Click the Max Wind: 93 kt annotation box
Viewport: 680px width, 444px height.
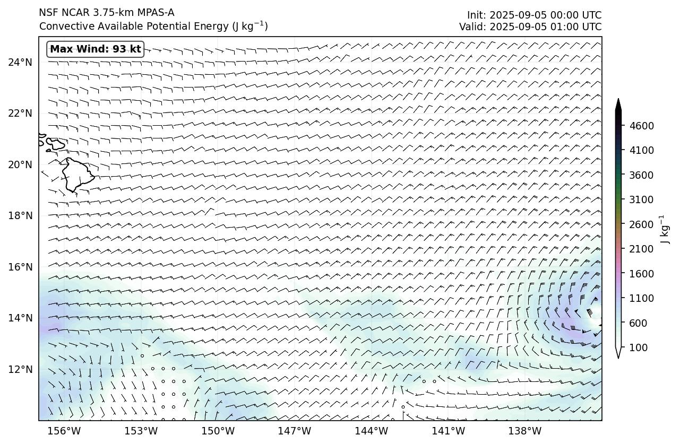96,49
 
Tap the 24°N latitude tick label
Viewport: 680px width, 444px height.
20,62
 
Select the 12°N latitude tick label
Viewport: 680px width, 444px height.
20,369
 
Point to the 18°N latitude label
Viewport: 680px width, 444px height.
20,215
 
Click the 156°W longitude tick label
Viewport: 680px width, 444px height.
64,431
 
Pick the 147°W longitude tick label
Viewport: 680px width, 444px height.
295,431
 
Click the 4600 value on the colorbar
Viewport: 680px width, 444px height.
641,126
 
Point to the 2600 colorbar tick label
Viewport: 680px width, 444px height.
641,224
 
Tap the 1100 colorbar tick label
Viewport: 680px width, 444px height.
641,298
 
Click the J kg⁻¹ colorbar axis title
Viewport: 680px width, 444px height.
663,229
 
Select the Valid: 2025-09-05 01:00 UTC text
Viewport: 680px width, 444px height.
530,27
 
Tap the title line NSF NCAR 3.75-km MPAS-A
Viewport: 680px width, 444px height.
107,13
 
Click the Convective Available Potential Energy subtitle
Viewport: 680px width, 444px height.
153,26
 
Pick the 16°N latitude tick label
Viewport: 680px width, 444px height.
20,267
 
